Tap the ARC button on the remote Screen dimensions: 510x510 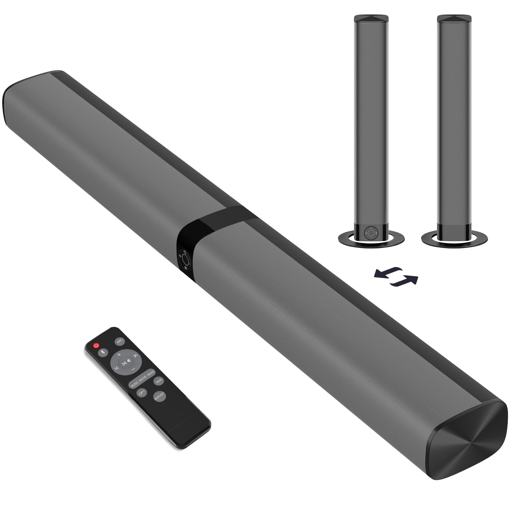pyautogui.click(x=120, y=341)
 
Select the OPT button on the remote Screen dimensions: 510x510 pyautogui.click(x=142, y=392)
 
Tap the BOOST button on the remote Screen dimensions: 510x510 pyautogui.click(x=159, y=396)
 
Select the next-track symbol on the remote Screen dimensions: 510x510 pyautogui.click(x=135, y=356)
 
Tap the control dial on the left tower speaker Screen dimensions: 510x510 pyautogui.click(x=371, y=233)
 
